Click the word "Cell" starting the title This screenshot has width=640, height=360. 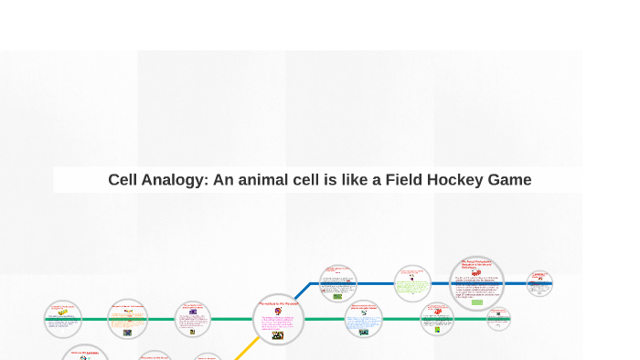(123, 180)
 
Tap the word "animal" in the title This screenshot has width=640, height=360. (272, 180)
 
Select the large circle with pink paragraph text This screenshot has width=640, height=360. (278, 320)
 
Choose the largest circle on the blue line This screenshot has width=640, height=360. (477, 283)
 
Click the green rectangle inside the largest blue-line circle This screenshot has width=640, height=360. (476, 301)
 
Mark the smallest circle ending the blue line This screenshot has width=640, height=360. (539, 283)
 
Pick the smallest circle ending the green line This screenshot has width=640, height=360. (498, 319)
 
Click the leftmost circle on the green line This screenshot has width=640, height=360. (63, 319)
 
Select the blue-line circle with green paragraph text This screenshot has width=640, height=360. (412, 284)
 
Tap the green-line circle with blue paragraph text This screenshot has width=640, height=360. (364, 320)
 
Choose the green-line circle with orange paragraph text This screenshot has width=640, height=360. (127, 320)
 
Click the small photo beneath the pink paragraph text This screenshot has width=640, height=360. (278, 335)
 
